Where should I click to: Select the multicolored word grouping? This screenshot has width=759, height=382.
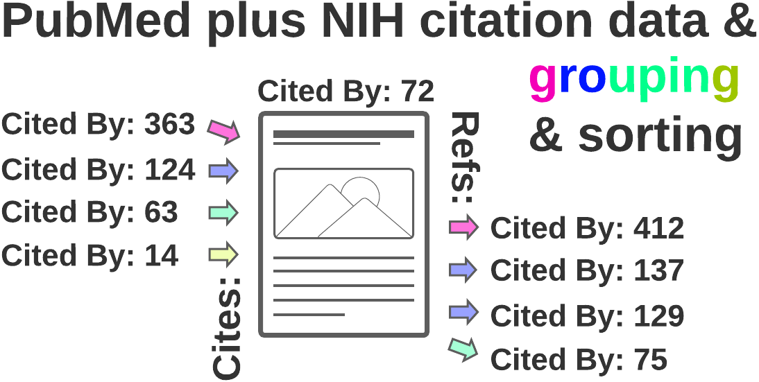[633, 79]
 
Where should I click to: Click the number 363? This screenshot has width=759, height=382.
[169, 125]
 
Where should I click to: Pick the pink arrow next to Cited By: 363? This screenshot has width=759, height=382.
[224, 130]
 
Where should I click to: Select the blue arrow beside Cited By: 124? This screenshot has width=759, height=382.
[223, 171]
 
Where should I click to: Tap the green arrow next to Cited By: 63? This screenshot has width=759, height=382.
[223, 213]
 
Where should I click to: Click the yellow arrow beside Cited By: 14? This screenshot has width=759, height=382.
[223, 255]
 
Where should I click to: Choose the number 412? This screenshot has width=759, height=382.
[658, 229]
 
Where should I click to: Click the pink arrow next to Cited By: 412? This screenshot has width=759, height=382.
[463, 227]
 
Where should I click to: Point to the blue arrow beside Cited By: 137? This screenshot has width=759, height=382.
[463, 270]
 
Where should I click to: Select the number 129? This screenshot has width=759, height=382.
[658, 316]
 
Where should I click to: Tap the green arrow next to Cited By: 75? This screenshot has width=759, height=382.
[463, 349]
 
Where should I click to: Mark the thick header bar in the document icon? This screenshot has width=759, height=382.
[344, 134]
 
